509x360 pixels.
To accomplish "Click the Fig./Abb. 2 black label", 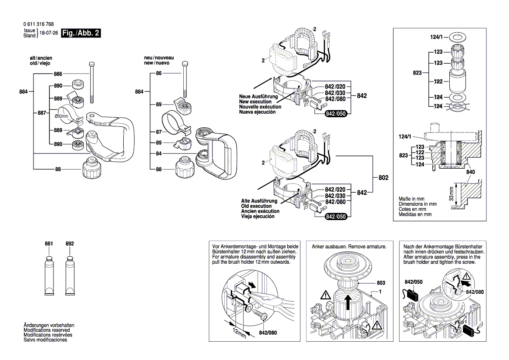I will coord(81,33).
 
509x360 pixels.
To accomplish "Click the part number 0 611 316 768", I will coord(39,24).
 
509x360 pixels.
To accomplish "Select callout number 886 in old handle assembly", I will coord(57,74).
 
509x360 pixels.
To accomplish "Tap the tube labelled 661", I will coord(49,275).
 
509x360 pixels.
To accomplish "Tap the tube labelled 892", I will coord(70,275).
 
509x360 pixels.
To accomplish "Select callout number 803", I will coord(381,282).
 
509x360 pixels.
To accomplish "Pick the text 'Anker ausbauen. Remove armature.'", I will coord(349,247).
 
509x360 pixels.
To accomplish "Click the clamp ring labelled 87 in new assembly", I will coord(175,123).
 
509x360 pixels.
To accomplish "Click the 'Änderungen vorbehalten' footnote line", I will coord(49,325).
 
